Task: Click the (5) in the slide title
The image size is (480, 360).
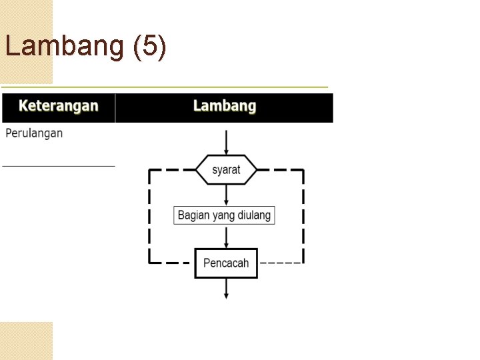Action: (150, 47)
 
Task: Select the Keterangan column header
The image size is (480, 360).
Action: (59, 106)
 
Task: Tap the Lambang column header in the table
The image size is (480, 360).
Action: (225, 106)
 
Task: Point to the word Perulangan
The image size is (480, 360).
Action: (35, 133)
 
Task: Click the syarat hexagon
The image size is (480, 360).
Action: (226, 170)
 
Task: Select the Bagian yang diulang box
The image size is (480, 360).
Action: (225, 215)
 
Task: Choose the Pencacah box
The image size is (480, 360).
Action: (226, 263)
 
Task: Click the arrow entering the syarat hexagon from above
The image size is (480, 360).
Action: (226, 143)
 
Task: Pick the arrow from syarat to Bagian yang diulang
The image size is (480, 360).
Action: (226, 195)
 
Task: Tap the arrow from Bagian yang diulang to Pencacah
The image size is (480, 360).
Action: (226, 236)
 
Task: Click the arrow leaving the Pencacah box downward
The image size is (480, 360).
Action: (226, 287)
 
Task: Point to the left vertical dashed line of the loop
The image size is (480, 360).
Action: (149, 216)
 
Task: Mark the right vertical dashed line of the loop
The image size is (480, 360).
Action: (303, 216)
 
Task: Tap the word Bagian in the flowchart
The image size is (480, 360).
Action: (193, 215)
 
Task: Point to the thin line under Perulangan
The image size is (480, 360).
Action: (59, 165)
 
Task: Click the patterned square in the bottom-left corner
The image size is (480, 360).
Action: (26, 341)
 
